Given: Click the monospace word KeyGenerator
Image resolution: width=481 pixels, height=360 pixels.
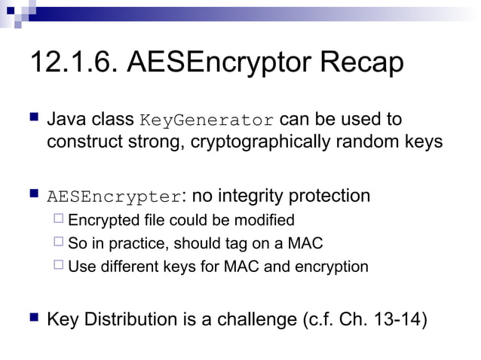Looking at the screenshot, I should click(207, 121).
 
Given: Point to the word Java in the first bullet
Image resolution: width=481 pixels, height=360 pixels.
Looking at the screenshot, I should click(65, 120).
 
